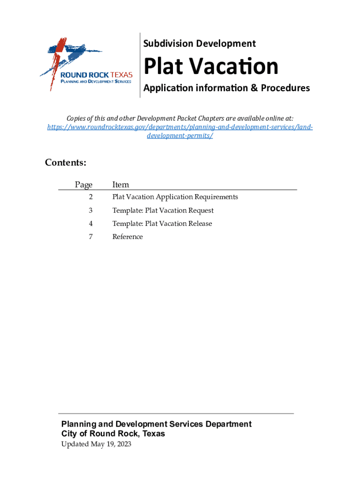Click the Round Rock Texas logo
[x=86, y=65]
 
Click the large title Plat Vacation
[x=211, y=66]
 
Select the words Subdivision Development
[x=199, y=44]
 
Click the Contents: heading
[x=65, y=163]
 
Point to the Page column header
[x=84, y=185]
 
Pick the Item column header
[x=121, y=185]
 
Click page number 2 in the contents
[x=91, y=197]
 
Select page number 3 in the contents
[x=91, y=210]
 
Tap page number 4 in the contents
[x=91, y=224]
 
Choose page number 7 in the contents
[x=91, y=237]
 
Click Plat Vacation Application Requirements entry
[x=175, y=197]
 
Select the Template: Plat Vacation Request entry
[x=163, y=210]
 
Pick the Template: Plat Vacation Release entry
[x=162, y=224]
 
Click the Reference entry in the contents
[x=128, y=237]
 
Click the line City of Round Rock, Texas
[x=113, y=434]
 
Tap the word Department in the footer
[x=229, y=424]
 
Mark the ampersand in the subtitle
[x=254, y=88]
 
